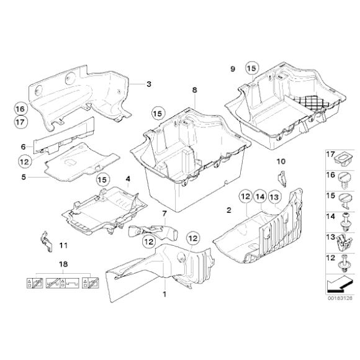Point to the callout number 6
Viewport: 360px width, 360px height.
point(23,146)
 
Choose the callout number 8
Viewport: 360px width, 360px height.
point(194,90)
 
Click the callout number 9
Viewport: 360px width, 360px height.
point(232,67)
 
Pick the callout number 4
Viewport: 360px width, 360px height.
point(128,179)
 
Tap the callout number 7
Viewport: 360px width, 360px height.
point(164,214)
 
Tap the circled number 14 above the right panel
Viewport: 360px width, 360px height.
point(260,197)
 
